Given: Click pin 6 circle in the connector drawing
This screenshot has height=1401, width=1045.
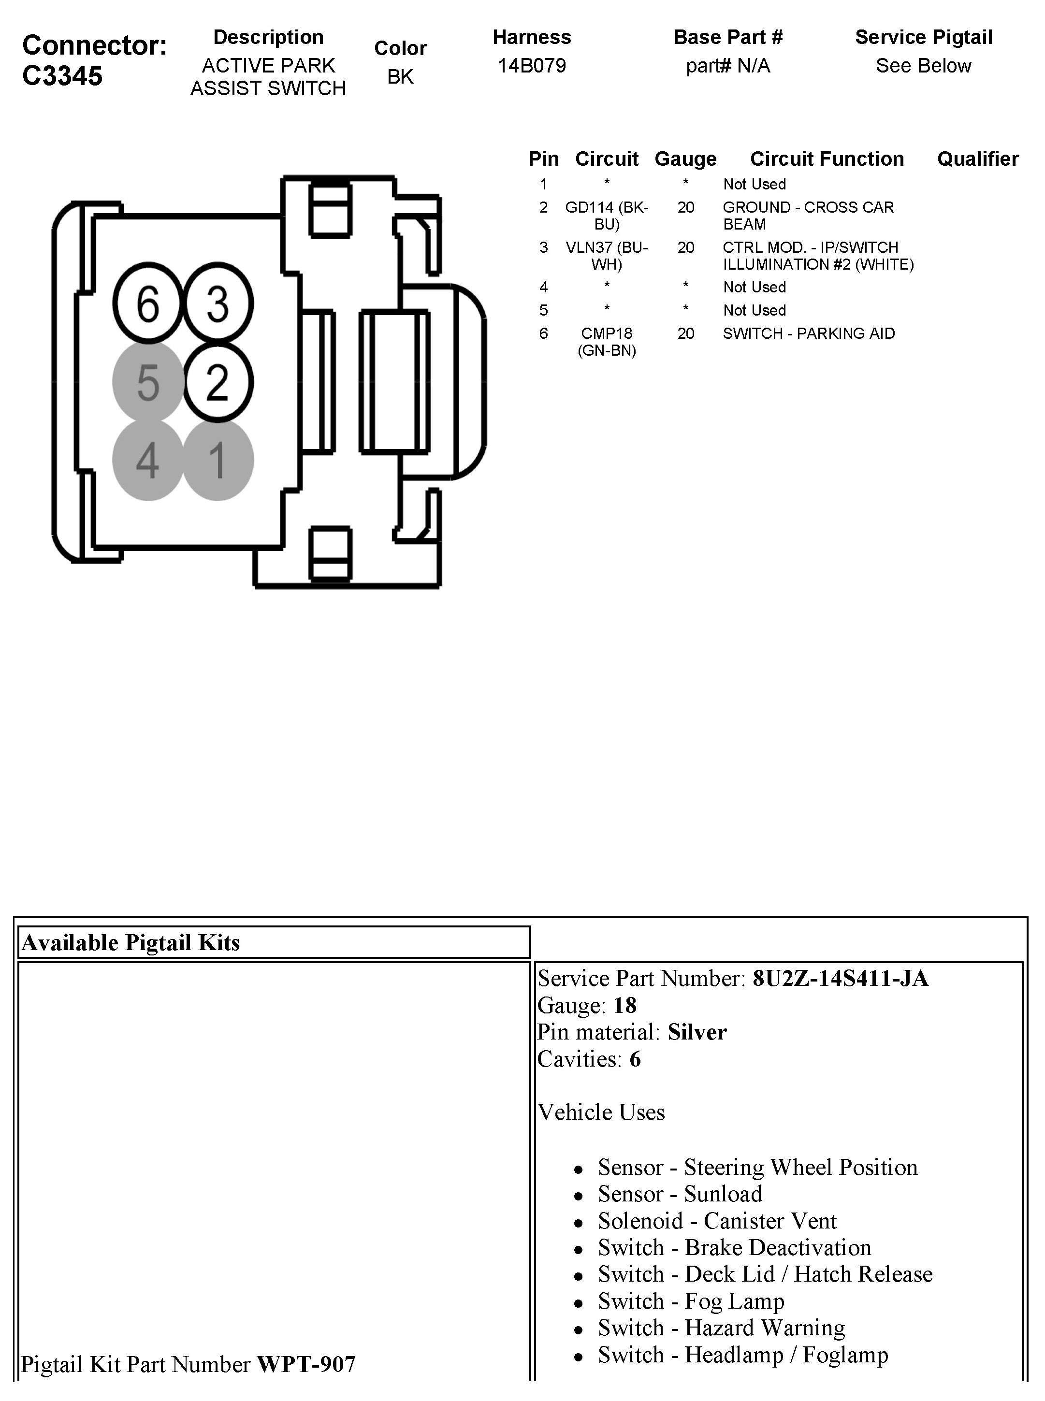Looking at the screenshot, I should (x=148, y=303).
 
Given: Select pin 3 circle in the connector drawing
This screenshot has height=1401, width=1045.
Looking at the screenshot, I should (x=218, y=303).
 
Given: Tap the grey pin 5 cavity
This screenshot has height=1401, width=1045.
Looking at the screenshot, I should (x=148, y=382).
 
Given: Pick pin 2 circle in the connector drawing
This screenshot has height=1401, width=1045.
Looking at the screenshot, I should (x=218, y=382).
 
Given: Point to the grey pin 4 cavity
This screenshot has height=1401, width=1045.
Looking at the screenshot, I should (x=148, y=460).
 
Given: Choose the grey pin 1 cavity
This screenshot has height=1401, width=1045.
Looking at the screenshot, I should (x=218, y=460).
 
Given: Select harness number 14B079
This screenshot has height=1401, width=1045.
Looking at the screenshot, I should (x=531, y=66).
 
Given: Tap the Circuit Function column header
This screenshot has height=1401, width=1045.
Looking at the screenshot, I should (x=827, y=159).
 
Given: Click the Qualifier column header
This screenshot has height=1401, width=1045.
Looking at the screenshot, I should (x=977, y=159).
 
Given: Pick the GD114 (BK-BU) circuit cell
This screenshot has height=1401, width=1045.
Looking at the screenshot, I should (x=607, y=216).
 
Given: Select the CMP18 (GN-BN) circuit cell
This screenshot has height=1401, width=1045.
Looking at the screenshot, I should (x=607, y=342).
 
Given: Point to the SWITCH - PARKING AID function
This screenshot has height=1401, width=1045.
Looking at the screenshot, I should (x=809, y=333).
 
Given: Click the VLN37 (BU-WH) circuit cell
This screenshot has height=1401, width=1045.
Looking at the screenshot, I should (x=607, y=256).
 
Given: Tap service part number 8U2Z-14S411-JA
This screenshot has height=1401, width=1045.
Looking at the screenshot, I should (x=840, y=979).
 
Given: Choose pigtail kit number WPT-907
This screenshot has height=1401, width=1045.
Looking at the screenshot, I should (x=306, y=1364).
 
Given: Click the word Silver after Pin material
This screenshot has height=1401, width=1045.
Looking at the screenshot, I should (x=697, y=1032).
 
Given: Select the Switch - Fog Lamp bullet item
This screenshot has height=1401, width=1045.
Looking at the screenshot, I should (x=691, y=1301).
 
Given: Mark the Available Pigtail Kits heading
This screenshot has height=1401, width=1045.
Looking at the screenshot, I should (x=131, y=942).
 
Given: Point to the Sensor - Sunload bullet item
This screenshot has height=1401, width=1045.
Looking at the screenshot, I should (x=680, y=1194).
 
